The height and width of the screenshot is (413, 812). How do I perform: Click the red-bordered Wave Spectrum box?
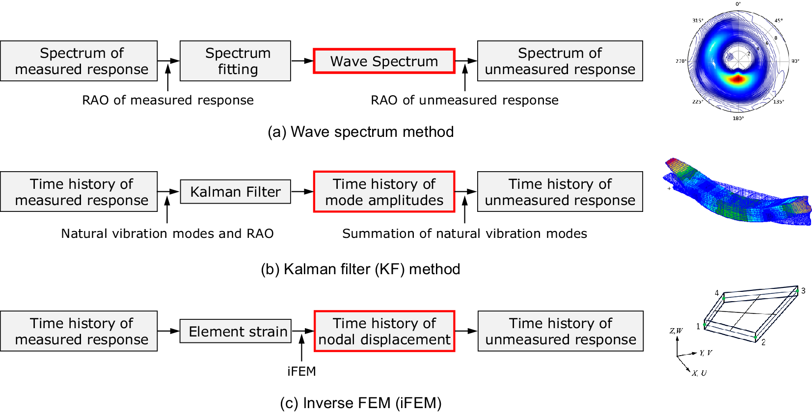[384, 61]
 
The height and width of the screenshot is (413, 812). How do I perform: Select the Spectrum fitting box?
[235, 61]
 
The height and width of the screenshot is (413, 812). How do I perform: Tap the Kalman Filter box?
[235, 192]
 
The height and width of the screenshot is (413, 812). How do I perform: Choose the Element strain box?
[236, 331]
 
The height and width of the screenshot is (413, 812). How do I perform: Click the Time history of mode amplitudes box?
[384, 192]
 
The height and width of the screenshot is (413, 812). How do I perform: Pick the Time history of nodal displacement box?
[384, 331]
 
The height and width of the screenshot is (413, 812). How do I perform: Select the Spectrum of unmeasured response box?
[560, 61]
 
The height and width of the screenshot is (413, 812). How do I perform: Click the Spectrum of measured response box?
[79, 61]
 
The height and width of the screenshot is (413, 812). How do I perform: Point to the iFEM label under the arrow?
[301, 371]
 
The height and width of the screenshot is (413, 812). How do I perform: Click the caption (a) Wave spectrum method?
[361, 131]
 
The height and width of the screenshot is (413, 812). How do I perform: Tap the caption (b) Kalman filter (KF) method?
[361, 269]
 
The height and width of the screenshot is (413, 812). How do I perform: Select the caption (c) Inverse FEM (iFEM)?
[361, 403]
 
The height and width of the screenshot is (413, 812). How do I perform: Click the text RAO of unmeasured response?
[464, 100]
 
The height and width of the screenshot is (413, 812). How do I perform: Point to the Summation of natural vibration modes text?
[464, 233]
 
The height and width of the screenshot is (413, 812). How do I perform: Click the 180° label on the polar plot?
[738, 118]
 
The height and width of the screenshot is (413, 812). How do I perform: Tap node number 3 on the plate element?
[803, 290]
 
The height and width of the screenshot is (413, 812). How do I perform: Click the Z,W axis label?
[676, 331]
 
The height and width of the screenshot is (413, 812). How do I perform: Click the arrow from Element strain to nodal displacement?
[303, 331]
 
